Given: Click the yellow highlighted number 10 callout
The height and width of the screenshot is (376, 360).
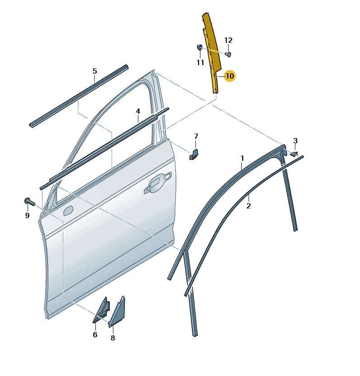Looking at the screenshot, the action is [x=229, y=76].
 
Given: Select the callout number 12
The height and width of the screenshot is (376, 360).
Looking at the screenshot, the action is [x=229, y=40].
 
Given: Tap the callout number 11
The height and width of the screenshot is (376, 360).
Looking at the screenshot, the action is [x=201, y=62].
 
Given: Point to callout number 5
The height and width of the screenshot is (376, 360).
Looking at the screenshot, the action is [x=95, y=71].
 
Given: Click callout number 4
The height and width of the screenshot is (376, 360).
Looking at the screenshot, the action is [x=138, y=111].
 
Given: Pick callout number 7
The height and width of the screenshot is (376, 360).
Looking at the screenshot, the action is [x=196, y=136].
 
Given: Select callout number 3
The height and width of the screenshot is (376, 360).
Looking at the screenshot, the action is [x=295, y=141].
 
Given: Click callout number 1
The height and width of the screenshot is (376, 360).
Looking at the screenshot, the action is [x=242, y=158].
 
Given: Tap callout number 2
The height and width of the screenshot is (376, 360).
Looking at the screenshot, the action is [x=248, y=206].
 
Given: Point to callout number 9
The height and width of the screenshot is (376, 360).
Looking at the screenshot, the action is [x=27, y=215].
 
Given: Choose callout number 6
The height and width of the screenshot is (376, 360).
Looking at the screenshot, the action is [x=95, y=334].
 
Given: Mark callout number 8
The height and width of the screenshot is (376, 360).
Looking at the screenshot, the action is [x=112, y=338].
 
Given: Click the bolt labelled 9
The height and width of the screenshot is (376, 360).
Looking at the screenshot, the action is [x=29, y=202].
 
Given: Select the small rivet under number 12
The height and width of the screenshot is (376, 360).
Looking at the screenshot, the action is [x=229, y=54].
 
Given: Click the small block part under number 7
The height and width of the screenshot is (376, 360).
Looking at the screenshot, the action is [x=194, y=154].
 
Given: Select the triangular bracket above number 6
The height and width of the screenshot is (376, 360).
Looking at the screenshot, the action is [x=102, y=310].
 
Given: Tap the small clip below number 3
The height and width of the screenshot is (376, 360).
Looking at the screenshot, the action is [x=294, y=154].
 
